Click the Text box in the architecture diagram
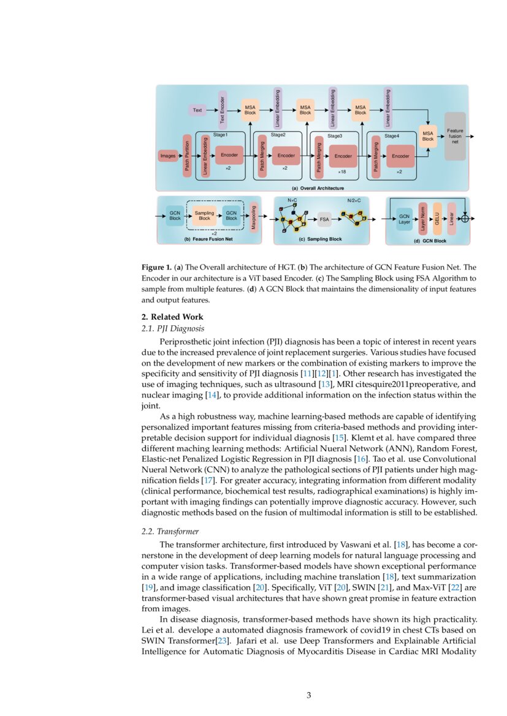click(197, 110)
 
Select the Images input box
click(167, 156)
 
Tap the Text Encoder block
click(223, 110)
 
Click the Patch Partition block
click(187, 156)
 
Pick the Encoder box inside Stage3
click(343, 156)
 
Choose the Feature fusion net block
click(455, 137)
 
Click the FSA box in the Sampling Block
click(324, 219)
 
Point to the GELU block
click(437, 218)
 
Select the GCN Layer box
click(404, 218)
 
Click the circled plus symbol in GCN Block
click(465, 218)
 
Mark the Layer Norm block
click(422, 218)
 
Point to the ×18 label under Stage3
click(342, 172)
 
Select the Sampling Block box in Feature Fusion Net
click(204, 216)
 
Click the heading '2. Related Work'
click(172, 317)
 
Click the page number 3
click(309, 695)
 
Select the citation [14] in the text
click(213, 396)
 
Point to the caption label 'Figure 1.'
click(156, 268)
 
